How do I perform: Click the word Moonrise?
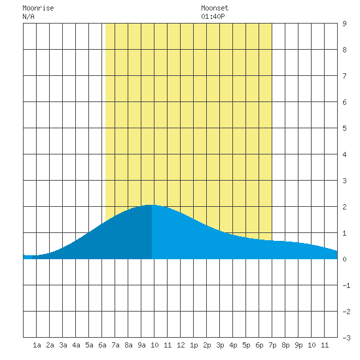(x=38, y=8)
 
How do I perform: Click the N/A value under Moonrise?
(x=28, y=16)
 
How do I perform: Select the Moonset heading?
(x=215, y=8)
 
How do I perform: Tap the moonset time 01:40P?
(x=213, y=16)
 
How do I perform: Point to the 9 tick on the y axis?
(x=344, y=24)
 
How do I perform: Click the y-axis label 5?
(x=344, y=128)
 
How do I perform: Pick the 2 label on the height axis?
(x=344, y=207)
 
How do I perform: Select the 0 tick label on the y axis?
(x=344, y=259)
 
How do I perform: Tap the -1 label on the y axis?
(x=346, y=285)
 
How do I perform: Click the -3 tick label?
(x=346, y=338)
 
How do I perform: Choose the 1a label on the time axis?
(x=37, y=345)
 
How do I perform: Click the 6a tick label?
(x=102, y=345)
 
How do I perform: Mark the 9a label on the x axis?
(x=141, y=345)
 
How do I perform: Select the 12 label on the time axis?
(x=181, y=345)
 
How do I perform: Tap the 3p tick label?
(x=220, y=345)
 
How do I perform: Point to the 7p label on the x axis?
(x=272, y=345)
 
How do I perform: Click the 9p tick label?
(x=298, y=345)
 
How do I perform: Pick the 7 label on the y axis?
(x=344, y=76)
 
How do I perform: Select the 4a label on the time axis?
(x=76, y=345)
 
